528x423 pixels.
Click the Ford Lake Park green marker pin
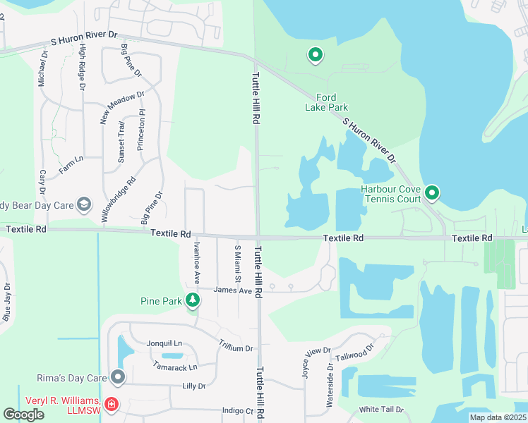coord(315,55)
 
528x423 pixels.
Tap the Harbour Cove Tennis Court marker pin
coord(432,192)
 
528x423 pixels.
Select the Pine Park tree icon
coord(193,301)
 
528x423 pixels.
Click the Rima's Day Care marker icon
coord(117,378)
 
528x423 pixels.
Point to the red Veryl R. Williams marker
coord(111,405)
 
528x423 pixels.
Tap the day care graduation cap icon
coord(83,205)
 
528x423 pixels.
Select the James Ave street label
coord(232,290)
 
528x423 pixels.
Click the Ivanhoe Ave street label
coord(197,262)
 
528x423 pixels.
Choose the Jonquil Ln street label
coord(164,343)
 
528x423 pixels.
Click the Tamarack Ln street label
coord(174,367)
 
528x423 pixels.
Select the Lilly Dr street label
coord(193,386)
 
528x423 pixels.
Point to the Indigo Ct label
coord(237,410)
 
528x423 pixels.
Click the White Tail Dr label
coord(381,409)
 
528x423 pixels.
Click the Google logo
coord(24,415)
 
